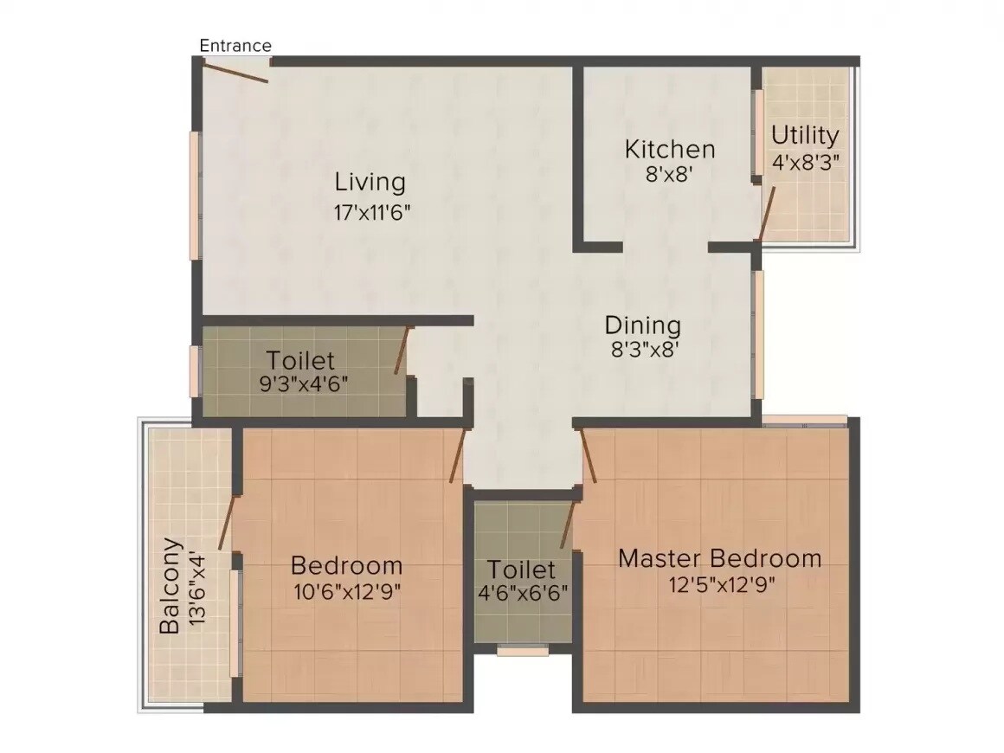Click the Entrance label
tap(235, 45)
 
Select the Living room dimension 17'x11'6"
tap(370, 212)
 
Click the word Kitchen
tap(670, 149)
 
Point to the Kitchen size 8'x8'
tap(670, 172)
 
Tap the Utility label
tap(805, 135)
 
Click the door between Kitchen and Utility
tap(766, 211)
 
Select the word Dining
tap(642, 325)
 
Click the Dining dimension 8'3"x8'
tap(642, 350)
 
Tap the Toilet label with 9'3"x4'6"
tap(299, 359)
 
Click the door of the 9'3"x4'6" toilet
tap(402, 351)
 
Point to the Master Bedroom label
tap(719, 558)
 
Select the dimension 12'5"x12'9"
tap(719, 583)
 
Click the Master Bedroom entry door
tap(589, 456)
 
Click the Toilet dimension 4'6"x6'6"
tap(521, 595)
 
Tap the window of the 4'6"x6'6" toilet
tap(523, 650)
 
